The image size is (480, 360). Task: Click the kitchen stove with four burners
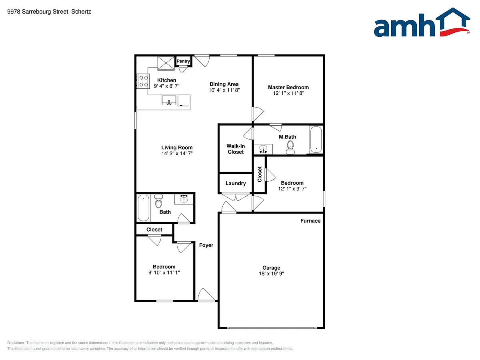pyautogui.click(x=143, y=81)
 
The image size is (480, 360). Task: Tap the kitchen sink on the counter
pyautogui.click(x=169, y=100)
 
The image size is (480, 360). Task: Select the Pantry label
pyautogui.click(x=183, y=61)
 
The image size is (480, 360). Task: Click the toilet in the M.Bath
pyautogui.click(x=290, y=148)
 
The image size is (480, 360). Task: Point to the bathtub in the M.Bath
pyautogui.click(x=316, y=140)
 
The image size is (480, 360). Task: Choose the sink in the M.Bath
pyautogui.click(x=263, y=149)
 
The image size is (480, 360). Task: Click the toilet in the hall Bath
pyautogui.click(x=158, y=201)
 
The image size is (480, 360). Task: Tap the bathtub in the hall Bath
pyautogui.click(x=144, y=208)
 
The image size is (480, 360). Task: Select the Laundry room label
pyautogui.click(x=236, y=183)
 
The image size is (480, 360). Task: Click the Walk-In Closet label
pyautogui.click(x=236, y=149)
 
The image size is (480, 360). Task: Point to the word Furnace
pyautogui.click(x=310, y=221)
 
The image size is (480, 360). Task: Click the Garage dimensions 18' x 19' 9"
pyautogui.click(x=271, y=274)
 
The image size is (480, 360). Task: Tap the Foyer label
pyautogui.click(x=206, y=245)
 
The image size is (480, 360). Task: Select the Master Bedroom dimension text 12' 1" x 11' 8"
pyautogui.click(x=288, y=93)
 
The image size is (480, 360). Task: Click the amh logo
pyautogui.click(x=422, y=22)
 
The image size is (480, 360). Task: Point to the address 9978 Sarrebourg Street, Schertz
pyautogui.click(x=49, y=12)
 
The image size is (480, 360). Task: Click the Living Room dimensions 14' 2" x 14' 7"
pyautogui.click(x=177, y=154)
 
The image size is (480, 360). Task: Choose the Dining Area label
pyautogui.click(x=224, y=84)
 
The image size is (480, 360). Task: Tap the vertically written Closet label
pyautogui.click(x=260, y=174)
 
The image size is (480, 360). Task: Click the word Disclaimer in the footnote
pyautogui.click(x=16, y=343)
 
